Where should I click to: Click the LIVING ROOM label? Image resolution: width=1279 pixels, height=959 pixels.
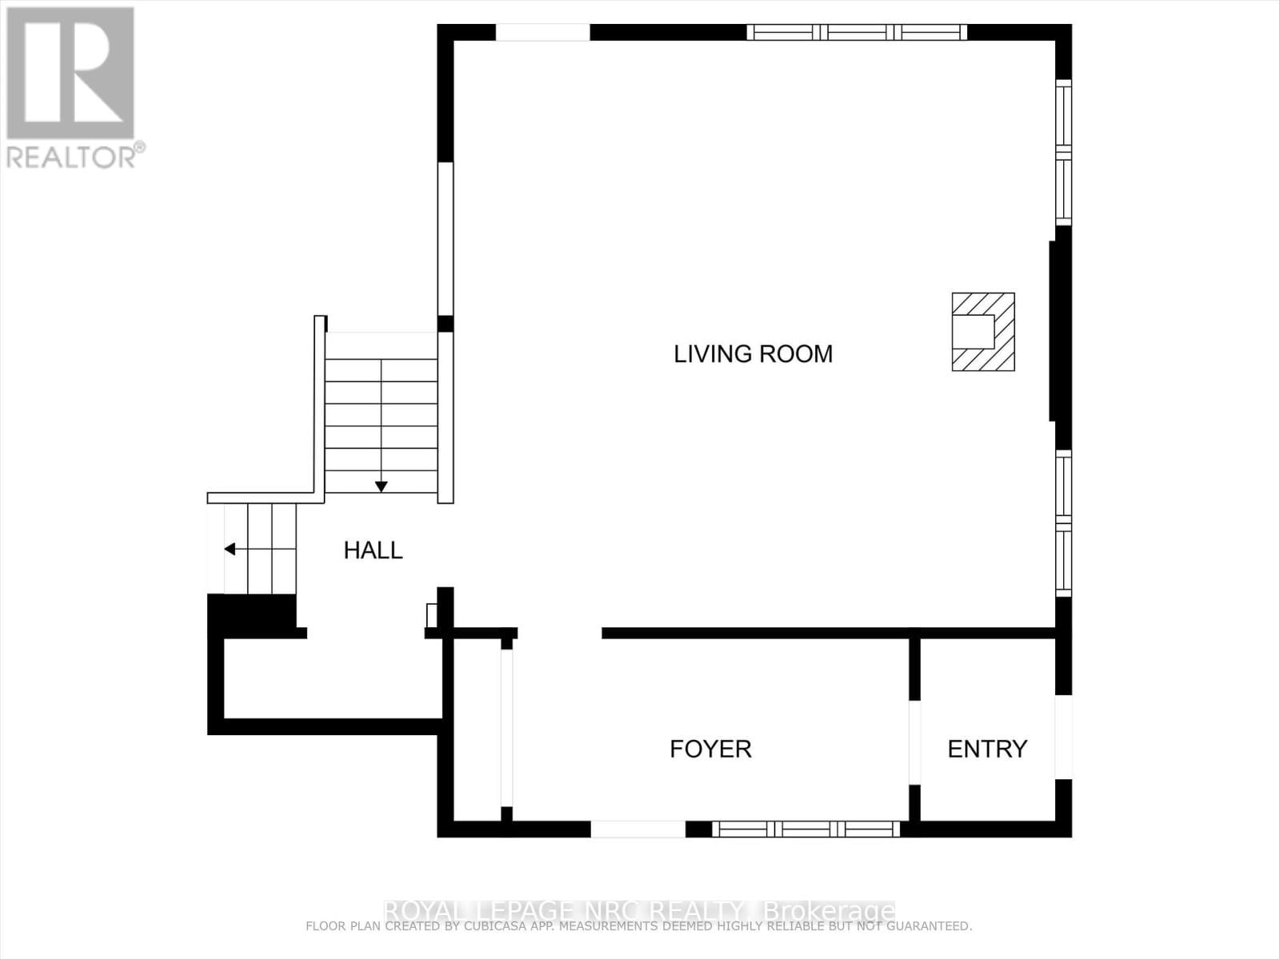click(x=753, y=354)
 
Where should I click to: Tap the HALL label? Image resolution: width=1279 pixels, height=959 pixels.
click(x=373, y=551)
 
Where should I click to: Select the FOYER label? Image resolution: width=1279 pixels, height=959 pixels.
click(x=710, y=749)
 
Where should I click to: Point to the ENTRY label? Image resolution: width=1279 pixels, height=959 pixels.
click(x=987, y=749)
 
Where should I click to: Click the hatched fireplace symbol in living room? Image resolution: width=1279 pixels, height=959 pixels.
click(x=983, y=332)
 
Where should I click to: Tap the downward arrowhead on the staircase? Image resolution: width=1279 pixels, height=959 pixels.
click(x=381, y=486)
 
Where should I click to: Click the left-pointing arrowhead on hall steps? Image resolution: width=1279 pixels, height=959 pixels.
click(x=229, y=549)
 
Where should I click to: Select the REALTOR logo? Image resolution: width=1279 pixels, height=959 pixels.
click(x=70, y=74)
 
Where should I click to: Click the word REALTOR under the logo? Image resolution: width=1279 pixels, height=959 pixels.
click(x=70, y=156)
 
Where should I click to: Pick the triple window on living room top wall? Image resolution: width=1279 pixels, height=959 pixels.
click(x=857, y=33)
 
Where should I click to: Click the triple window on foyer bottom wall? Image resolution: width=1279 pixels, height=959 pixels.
click(x=806, y=829)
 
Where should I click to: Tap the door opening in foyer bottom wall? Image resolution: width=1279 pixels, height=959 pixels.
click(x=638, y=829)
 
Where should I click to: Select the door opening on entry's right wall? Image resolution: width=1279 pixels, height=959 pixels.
click(x=1063, y=737)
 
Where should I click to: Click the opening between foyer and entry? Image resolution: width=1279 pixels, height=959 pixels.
click(x=914, y=742)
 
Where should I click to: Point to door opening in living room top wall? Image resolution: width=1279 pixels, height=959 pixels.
click(x=543, y=33)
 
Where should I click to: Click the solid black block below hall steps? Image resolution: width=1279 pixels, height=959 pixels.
click(x=251, y=614)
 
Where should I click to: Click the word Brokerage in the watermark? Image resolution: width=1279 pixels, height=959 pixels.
click(x=828, y=911)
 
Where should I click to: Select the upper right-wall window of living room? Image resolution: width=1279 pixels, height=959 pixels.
click(x=1063, y=152)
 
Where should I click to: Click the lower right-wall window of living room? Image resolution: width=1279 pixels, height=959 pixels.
click(x=1063, y=523)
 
